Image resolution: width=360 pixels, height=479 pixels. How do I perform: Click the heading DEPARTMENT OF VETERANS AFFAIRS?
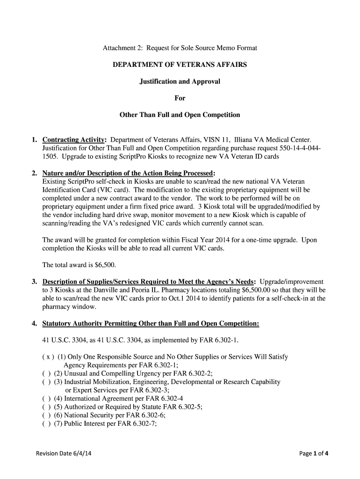(x=180, y=65)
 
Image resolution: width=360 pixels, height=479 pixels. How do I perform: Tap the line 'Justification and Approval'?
(x=180, y=81)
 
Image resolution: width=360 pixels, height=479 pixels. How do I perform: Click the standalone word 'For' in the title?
(x=180, y=98)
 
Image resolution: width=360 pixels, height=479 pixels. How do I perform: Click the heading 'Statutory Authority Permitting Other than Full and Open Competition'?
(x=150, y=323)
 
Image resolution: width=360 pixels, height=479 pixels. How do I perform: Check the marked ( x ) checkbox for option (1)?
(x=47, y=357)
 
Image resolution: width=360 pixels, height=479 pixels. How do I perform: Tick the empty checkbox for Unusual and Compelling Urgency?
(x=46, y=373)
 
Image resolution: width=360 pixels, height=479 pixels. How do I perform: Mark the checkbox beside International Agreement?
(x=46, y=399)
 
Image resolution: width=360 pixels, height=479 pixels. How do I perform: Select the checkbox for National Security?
(x=46, y=415)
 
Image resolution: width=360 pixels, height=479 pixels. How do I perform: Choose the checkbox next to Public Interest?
(x=46, y=424)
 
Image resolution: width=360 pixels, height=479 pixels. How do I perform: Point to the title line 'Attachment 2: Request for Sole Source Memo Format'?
(x=180, y=48)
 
